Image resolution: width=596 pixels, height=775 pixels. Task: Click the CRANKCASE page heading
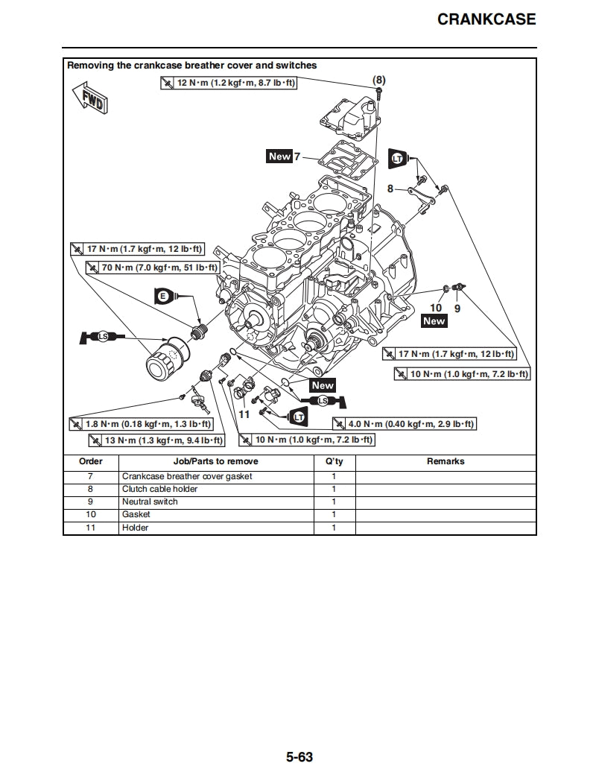point(486,19)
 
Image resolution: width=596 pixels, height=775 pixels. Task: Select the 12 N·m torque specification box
point(229,82)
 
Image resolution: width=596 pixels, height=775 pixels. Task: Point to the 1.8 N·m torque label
point(141,424)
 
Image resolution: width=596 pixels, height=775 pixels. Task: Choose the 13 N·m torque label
point(157,440)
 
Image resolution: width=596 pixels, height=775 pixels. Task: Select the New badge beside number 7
point(279,156)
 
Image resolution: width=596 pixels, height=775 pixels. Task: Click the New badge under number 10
point(434,321)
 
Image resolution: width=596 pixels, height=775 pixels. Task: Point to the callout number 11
point(244,414)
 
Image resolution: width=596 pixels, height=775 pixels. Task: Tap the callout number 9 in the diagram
point(457,307)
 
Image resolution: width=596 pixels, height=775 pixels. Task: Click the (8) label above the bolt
point(379,79)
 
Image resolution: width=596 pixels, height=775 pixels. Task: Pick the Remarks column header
point(446,461)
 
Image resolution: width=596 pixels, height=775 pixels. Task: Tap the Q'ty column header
point(334,461)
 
